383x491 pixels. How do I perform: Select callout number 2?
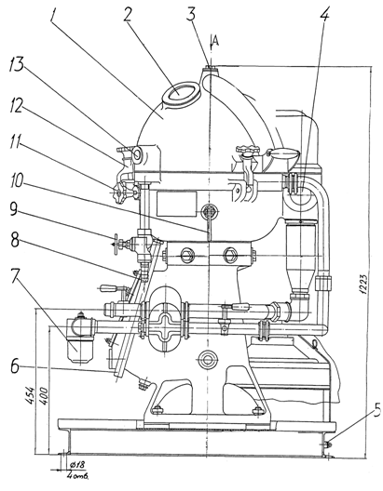click(127, 13)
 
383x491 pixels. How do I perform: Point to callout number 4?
click(325, 14)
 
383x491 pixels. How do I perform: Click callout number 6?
click(15, 365)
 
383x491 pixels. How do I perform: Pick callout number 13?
click(17, 65)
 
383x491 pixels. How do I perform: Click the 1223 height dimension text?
click(363, 285)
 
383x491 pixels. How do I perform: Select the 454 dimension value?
click(30, 396)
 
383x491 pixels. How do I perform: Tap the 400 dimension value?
click(44, 396)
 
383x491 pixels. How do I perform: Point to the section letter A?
click(215, 41)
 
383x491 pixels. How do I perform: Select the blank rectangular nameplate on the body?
click(177, 204)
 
